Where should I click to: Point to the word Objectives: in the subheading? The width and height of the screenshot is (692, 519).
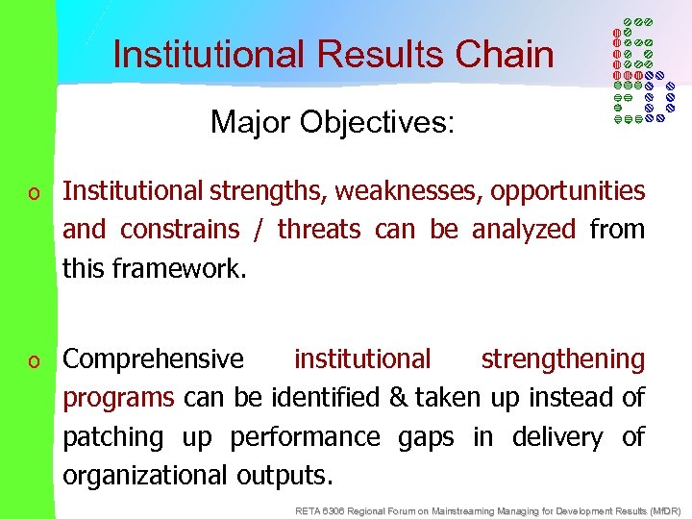click(379, 123)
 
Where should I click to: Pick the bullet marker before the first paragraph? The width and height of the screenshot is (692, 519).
click(35, 193)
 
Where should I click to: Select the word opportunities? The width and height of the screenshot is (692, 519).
click(567, 191)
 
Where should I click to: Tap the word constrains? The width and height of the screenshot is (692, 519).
click(179, 230)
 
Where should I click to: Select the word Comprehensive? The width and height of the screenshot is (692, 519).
click(154, 359)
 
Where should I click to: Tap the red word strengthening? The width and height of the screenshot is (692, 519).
click(562, 359)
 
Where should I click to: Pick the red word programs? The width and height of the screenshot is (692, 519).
click(118, 398)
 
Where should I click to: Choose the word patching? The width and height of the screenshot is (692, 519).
click(113, 436)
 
